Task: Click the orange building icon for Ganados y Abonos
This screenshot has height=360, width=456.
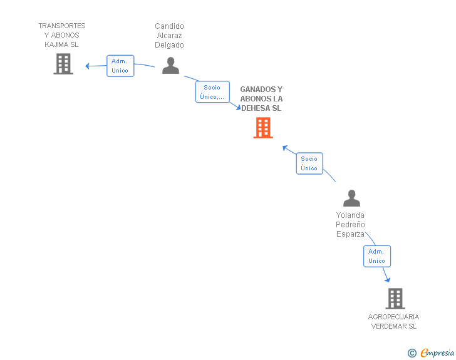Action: (263, 128)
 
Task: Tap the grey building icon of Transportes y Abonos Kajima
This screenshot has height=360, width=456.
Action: (63, 64)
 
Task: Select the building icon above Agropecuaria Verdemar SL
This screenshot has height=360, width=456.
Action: (395, 299)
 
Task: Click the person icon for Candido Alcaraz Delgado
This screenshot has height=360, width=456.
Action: (170, 66)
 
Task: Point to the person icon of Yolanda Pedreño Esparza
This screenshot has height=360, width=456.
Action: (351, 198)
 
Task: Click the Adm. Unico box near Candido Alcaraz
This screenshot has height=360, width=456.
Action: (120, 66)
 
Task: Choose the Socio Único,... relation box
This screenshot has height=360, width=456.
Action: (212, 92)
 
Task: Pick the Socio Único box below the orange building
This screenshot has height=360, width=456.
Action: (309, 163)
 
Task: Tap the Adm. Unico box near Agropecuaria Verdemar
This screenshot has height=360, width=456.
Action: (376, 256)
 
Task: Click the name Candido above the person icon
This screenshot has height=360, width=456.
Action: (170, 26)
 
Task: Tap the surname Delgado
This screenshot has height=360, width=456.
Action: (170, 45)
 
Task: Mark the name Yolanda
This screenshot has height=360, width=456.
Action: (350, 215)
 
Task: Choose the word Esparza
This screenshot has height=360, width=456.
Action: (350, 234)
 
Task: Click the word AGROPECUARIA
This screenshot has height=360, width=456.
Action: (393, 317)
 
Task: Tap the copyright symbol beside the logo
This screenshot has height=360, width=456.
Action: (412, 353)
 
